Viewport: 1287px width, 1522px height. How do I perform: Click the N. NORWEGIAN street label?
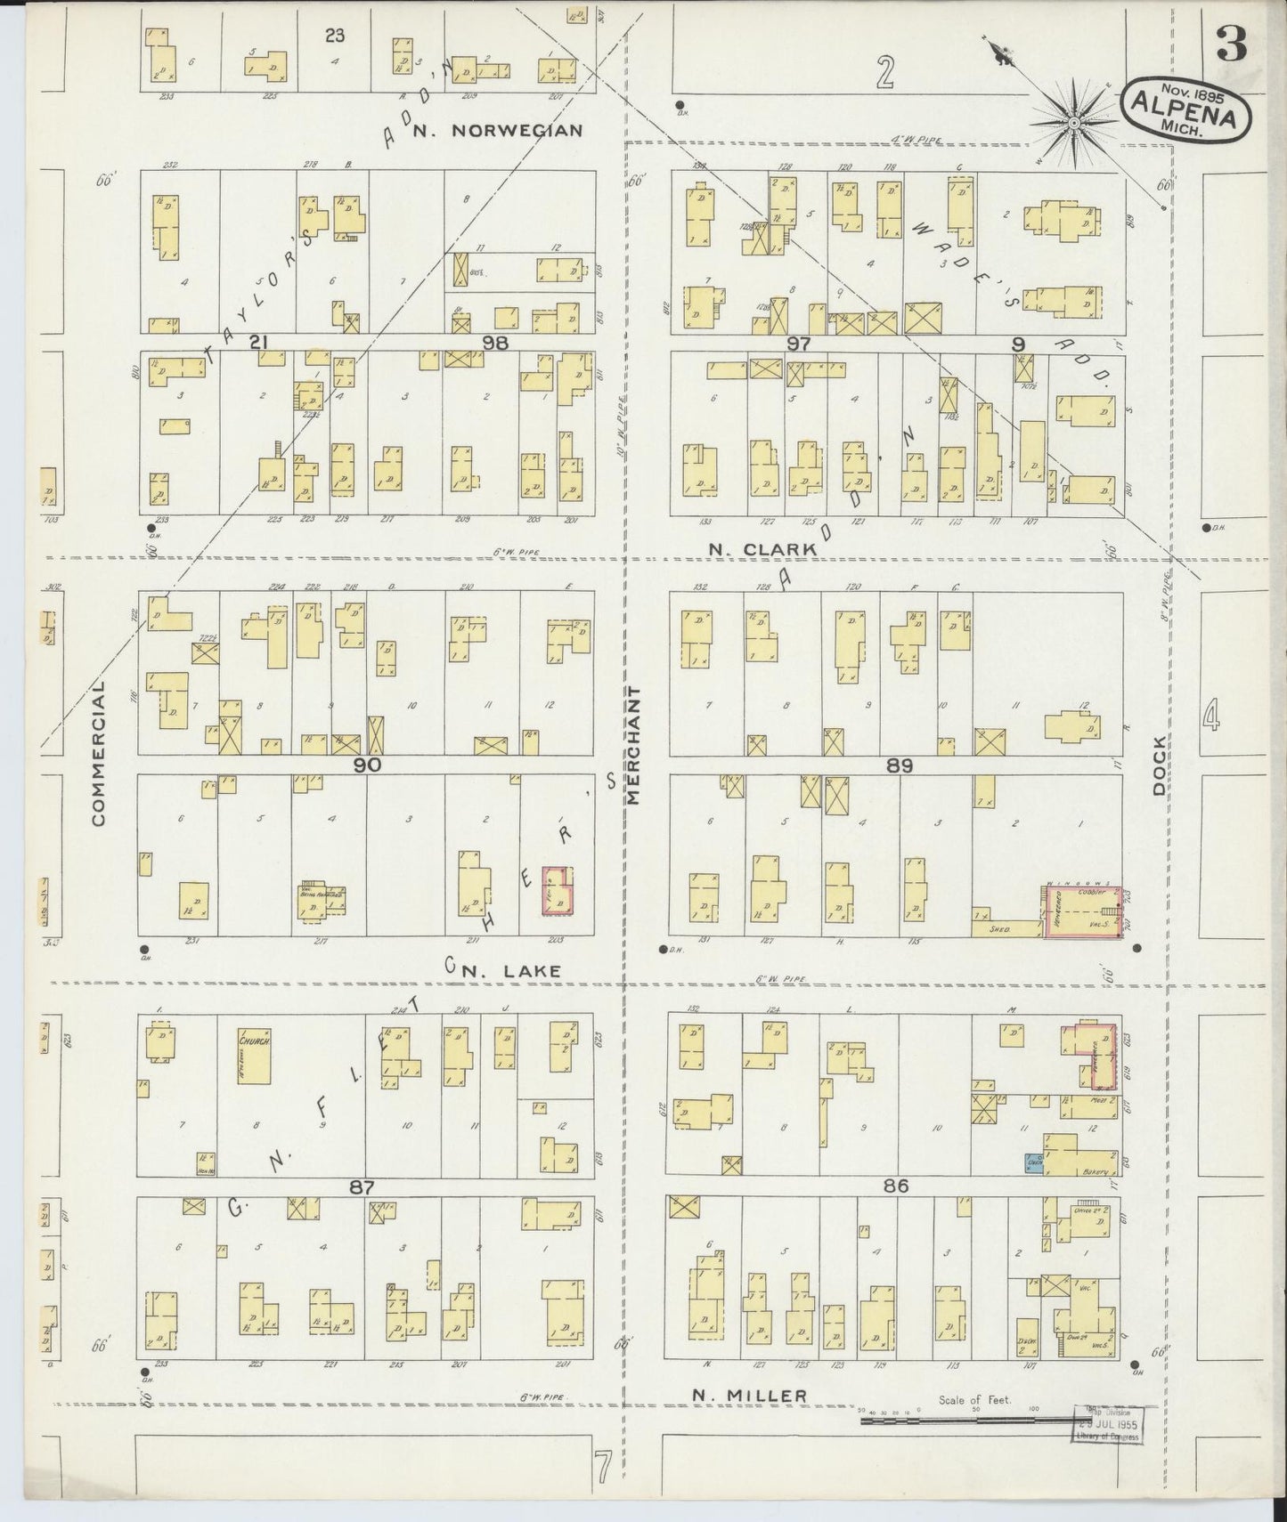517,130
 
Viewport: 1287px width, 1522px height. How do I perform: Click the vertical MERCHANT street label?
635,746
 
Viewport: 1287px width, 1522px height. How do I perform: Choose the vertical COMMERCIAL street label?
98,751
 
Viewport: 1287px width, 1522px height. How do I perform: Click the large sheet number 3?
1233,45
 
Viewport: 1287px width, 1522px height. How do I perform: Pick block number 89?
900,765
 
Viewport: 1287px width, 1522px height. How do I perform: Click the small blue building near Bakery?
1034,1161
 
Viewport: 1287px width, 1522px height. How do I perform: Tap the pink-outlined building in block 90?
558,890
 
